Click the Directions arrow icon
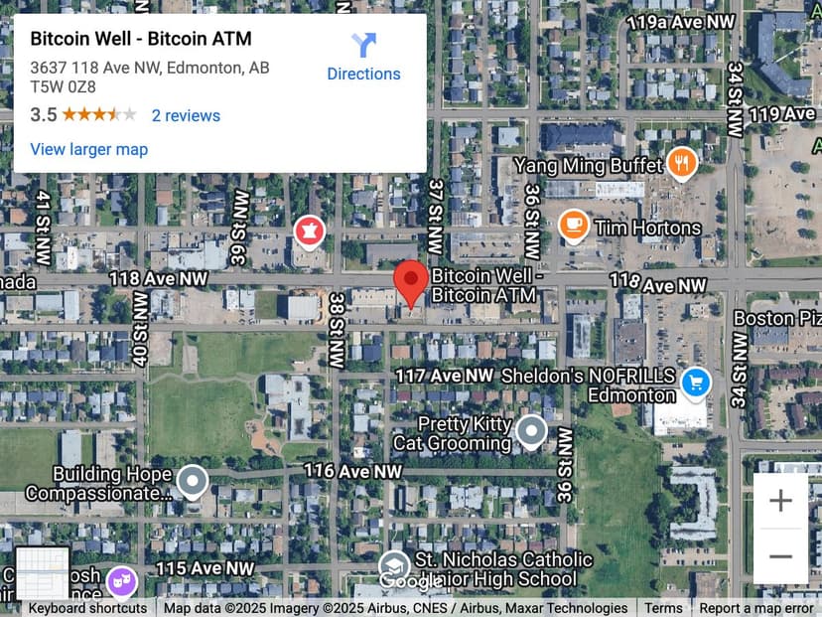click(363, 46)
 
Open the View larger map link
click(89, 149)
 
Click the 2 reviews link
click(186, 115)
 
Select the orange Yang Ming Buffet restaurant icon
click(681, 163)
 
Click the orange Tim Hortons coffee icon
click(573, 226)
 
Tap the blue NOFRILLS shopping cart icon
click(696, 381)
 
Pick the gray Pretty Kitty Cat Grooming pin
click(532, 431)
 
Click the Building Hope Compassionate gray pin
click(192, 482)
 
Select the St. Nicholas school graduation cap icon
click(394, 566)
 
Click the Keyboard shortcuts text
click(87, 608)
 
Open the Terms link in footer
click(663, 608)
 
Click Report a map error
click(755, 608)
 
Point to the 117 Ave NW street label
click(444, 376)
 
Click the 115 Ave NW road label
click(205, 567)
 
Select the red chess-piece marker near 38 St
click(310, 232)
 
